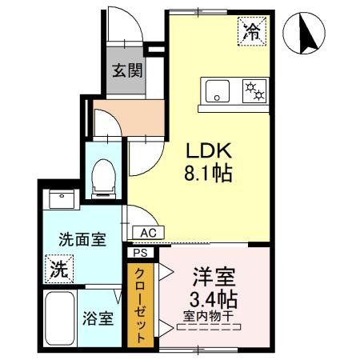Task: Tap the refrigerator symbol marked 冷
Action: (x=252, y=33)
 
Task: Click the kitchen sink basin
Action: (x=217, y=90)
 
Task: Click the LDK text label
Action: (x=209, y=151)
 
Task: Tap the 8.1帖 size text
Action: (x=209, y=173)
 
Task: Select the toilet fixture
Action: (x=102, y=178)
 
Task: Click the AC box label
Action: (x=147, y=232)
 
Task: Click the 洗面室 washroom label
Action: (x=81, y=239)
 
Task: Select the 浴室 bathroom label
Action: (x=98, y=318)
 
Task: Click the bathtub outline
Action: (x=59, y=318)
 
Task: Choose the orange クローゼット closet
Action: (x=140, y=303)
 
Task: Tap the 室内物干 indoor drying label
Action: (x=207, y=317)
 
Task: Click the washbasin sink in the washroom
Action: (x=61, y=199)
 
